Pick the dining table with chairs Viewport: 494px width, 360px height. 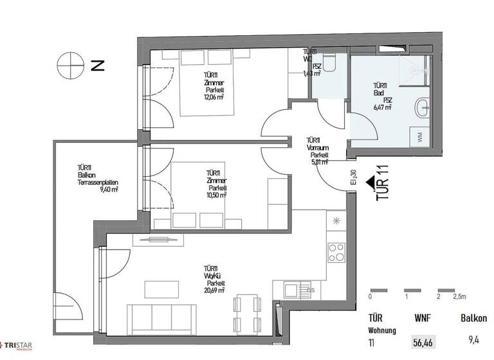tap(248, 313)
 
